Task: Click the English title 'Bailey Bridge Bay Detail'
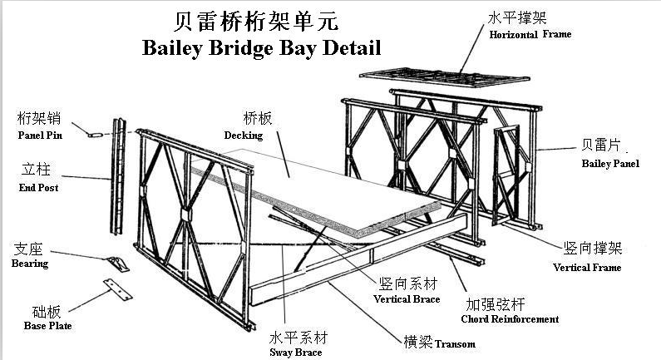pos(261,48)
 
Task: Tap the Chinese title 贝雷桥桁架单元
pos(256,22)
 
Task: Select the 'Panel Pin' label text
pos(40,136)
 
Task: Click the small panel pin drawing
pos(96,135)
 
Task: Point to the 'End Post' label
pos(38,188)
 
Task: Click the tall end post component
pos(118,176)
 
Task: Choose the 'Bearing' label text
pos(30,264)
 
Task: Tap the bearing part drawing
pos(118,264)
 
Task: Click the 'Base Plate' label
pos(47,325)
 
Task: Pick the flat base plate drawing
pos(117,289)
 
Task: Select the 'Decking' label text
pos(244,136)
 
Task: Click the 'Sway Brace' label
pos(295,353)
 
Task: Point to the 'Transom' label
pos(455,344)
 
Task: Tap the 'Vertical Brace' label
pos(407,299)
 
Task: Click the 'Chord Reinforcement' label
pos(510,319)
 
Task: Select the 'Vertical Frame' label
pos(587,267)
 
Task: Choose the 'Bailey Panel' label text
pos(610,164)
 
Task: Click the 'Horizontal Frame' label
pos(530,34)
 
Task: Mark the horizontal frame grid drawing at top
pos(445,77)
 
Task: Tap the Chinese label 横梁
pos(418,342)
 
